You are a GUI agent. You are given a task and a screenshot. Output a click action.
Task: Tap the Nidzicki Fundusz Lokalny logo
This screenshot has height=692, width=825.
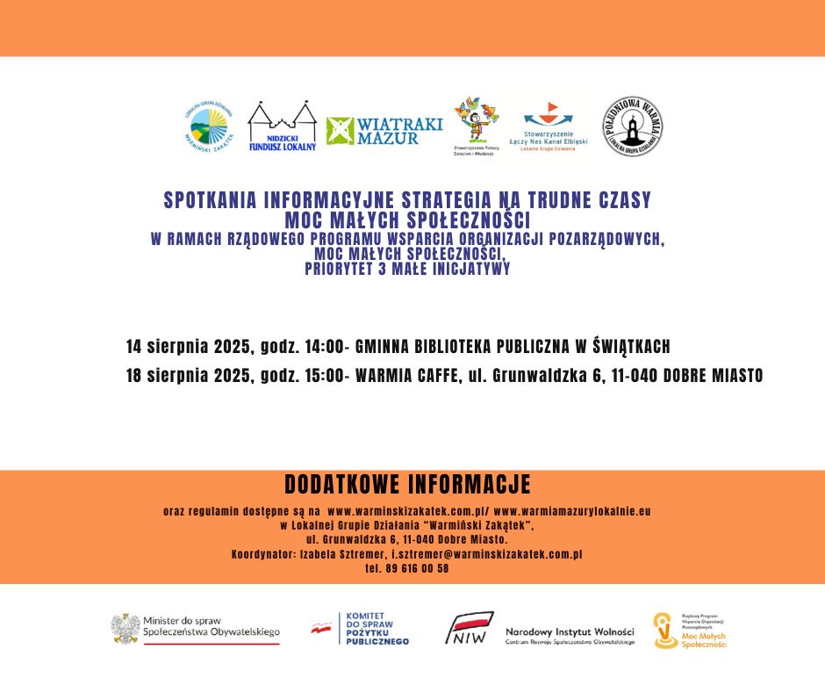coord(282,126)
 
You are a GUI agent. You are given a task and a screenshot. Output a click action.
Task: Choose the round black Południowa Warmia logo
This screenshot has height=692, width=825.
coord(632,126)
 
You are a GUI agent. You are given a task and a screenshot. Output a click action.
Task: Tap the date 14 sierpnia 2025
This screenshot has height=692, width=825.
coord(186,346)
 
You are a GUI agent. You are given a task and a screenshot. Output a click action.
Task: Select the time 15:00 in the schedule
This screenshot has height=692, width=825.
coord(326,376)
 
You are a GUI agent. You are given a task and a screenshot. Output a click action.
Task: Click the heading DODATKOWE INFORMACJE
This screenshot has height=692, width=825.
coord(407,485)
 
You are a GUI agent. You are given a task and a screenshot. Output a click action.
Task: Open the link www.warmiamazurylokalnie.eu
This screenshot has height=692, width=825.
coord(572,510)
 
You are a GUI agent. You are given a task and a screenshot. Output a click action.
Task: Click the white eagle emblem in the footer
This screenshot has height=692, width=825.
coord(126,627)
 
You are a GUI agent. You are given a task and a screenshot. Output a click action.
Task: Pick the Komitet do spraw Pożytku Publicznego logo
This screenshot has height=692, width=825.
coord(360,629)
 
